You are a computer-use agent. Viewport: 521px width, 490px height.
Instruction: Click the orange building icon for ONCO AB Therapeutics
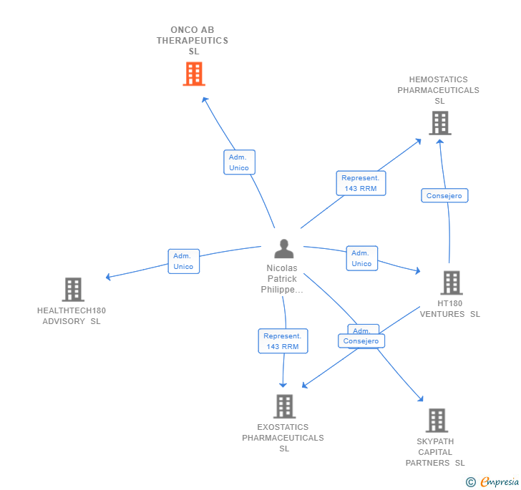pyautogui.click(x=194, y=74)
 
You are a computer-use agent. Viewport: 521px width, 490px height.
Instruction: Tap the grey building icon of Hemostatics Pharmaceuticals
pyautogui.click(x=439, y=123)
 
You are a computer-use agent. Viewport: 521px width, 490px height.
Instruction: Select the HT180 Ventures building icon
pyautogui.click(x=451, y=283)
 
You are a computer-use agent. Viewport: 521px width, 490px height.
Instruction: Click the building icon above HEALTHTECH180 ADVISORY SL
pyautogui.click(x=73, y=290)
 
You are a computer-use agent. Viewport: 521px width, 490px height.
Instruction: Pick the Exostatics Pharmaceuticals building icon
pyautogui.click(x=284, y=406)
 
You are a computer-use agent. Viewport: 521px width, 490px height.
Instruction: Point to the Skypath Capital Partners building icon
pyautogui.click(x=436, y=421)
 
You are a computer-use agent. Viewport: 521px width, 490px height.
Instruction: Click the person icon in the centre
pyautogui.click(x=284, y=249)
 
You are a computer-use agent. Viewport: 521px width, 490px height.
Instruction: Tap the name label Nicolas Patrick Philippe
pyautogui.click(x=282, y=279)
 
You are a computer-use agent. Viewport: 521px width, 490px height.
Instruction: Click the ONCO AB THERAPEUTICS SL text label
pyautogui.click(x=193, y=41)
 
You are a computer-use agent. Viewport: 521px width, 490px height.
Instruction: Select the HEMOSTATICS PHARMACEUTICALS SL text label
pyautogui.click(x=439, y=90)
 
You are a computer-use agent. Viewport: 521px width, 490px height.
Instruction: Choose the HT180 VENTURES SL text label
pyautogui.click(x=450, y=308)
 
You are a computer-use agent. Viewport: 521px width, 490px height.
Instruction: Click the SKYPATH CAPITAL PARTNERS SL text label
pyautogui.click(x=435, y=452)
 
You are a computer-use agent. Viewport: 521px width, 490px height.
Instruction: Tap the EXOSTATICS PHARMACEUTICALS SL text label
pyautogui.click(x=283, y=438)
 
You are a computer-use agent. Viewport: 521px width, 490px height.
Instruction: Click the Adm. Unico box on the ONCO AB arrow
pyautogui.click(x=239, y=162)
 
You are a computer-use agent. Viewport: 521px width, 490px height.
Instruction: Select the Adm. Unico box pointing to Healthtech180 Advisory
pyautogui.click(x=183, y=261)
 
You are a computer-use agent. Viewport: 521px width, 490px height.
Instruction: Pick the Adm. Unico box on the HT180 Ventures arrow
pyautogui.click(x=361, y=258)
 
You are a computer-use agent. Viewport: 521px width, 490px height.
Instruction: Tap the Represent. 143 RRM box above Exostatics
pyautogui.click(x=283, y=341)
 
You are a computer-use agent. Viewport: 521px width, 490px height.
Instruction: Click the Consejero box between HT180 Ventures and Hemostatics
pyautogui.click(x=444, y=196)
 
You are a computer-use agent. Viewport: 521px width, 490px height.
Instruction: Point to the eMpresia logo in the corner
pyautogui.click(x=493, y=482)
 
